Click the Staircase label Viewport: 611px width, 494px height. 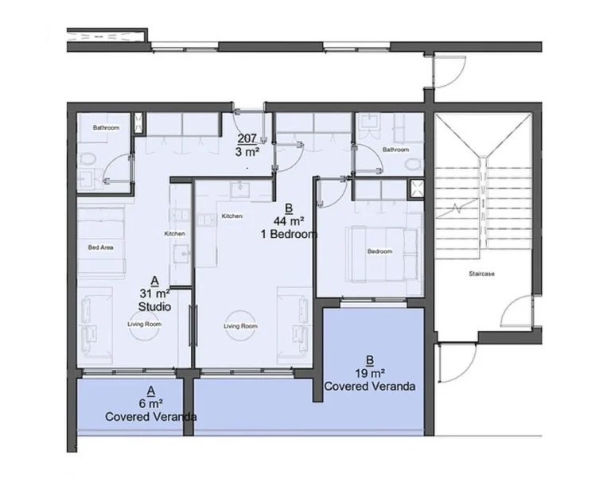pyautogui.click(x=481, y=274)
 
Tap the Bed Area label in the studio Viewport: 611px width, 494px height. pyautogui.click(x=100, y=247)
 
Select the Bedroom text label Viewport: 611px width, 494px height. pyautogui.click(x=379, y=251)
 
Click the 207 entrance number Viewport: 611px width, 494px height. pyautogui.click(x=246, y=137)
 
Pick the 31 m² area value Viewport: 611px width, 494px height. pyautogui.click(x=154, y=293)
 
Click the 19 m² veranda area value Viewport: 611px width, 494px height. pyautogui.click(x=370, y=372)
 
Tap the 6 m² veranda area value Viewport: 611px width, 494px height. pyautogui.click(x=151, y=403)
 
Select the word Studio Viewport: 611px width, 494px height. pyautogui.click(x=154, y=305)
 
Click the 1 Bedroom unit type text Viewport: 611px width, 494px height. pyautogui.click(x=290, y=235)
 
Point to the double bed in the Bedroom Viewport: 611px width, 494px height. pyautogui.click(x=381, y=252)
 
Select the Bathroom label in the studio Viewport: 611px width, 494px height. pyautogui.click(x=106, y=127)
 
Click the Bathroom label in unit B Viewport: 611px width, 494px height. pyautogui.click(x=395, y=149)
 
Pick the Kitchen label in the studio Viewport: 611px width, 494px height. pyautogui.click(x=174, y=233)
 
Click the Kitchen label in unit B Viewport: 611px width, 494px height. pyautogui.click(x=232, y=216)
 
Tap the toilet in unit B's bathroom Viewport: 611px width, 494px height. pyautogui.click(x=411, y=163)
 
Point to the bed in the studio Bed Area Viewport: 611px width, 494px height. pyautogui.click(x=100, y=242)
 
